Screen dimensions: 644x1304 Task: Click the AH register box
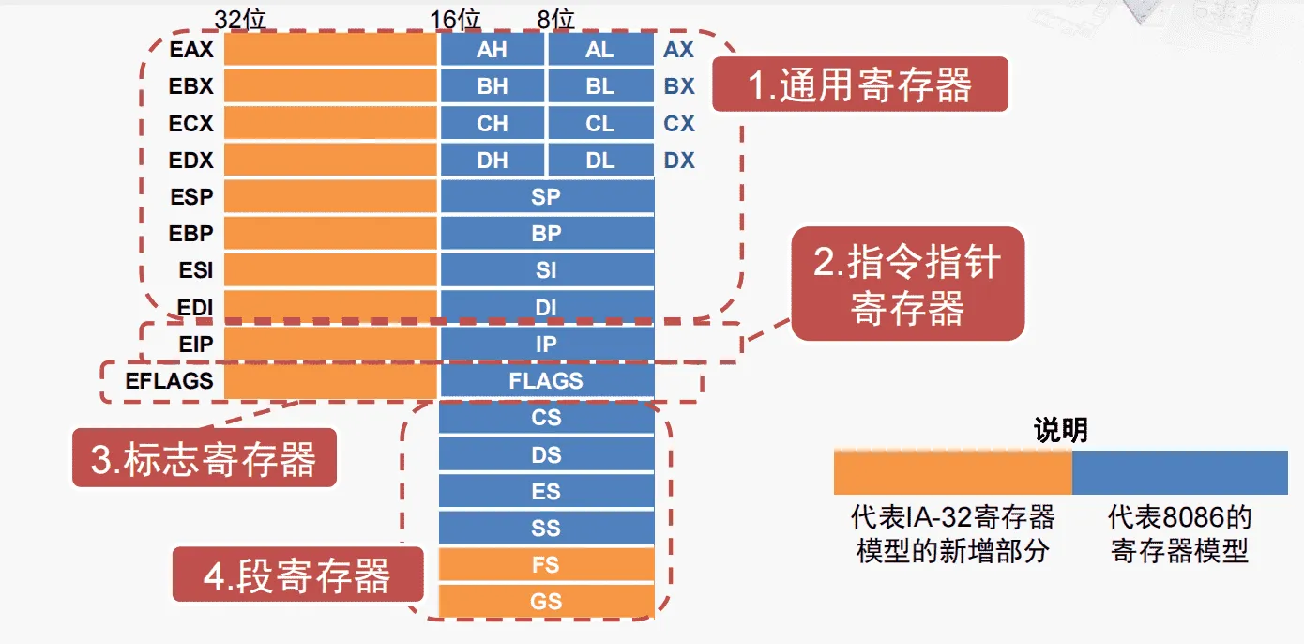(x=492, y=50)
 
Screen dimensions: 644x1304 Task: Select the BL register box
(x=600, y=86)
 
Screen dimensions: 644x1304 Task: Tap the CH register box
(x=492, y=124)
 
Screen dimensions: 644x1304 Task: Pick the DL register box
(x=600, y=161)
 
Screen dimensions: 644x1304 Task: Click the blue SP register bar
(x=547, y=197)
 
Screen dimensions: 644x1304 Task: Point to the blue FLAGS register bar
(x=547, y=381)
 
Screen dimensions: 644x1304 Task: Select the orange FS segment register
(x=547, y=565)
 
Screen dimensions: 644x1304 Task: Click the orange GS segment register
(x=547, y=602)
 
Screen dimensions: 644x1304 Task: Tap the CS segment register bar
(x=547, y=418)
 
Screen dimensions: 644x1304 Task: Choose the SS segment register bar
(x=547, y=529)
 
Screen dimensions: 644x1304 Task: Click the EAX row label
(x=191, y=50)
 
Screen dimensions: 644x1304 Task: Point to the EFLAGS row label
(x=169, y=381)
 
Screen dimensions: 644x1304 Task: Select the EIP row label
(x=196, y=345)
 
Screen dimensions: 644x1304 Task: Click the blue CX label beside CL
(x=679, y=124)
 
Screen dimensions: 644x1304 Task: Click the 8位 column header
(x=555, y=19)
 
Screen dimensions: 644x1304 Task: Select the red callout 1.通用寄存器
(x=859, y=84)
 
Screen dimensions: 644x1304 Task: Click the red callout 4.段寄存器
(x=296, y=575)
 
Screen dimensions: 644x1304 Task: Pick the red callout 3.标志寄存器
(x=204, y=459)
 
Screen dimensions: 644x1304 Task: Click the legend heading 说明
(x=1060, y=430)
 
